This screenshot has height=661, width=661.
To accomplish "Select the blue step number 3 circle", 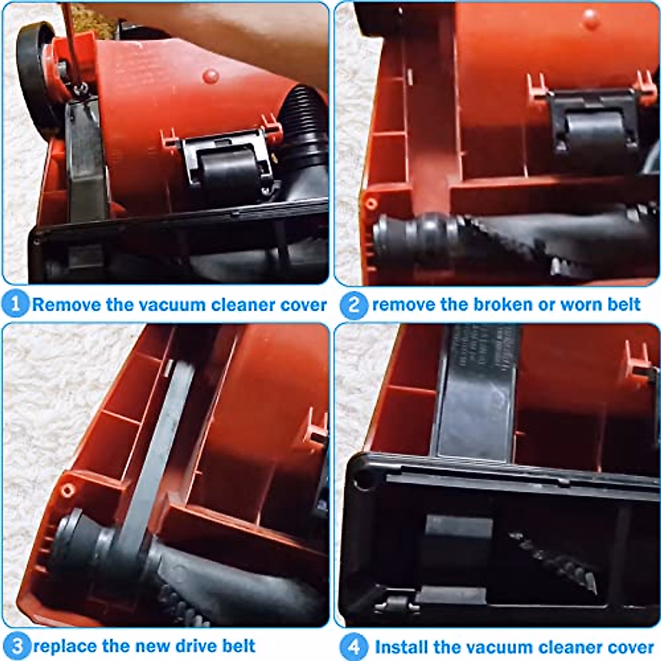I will coord(16,646).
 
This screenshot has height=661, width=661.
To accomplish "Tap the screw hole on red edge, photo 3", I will coord(67,489).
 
